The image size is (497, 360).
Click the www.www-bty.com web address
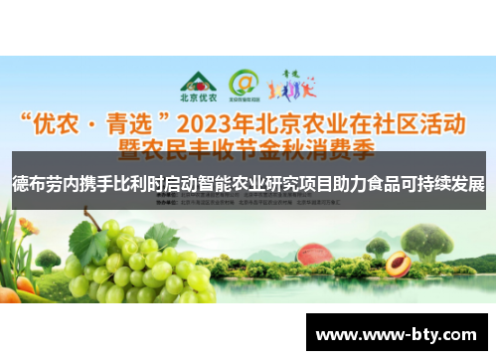point(397,334)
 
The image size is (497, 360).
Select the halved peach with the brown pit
point(398,264)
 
